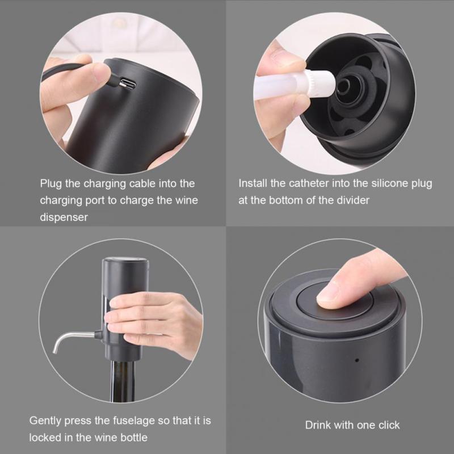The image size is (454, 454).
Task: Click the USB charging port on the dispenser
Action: [129, 85]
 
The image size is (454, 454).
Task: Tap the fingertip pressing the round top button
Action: [329, 296]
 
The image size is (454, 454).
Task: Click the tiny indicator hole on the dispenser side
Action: [356, 360]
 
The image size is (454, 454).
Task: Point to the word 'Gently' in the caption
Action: [45, 421]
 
